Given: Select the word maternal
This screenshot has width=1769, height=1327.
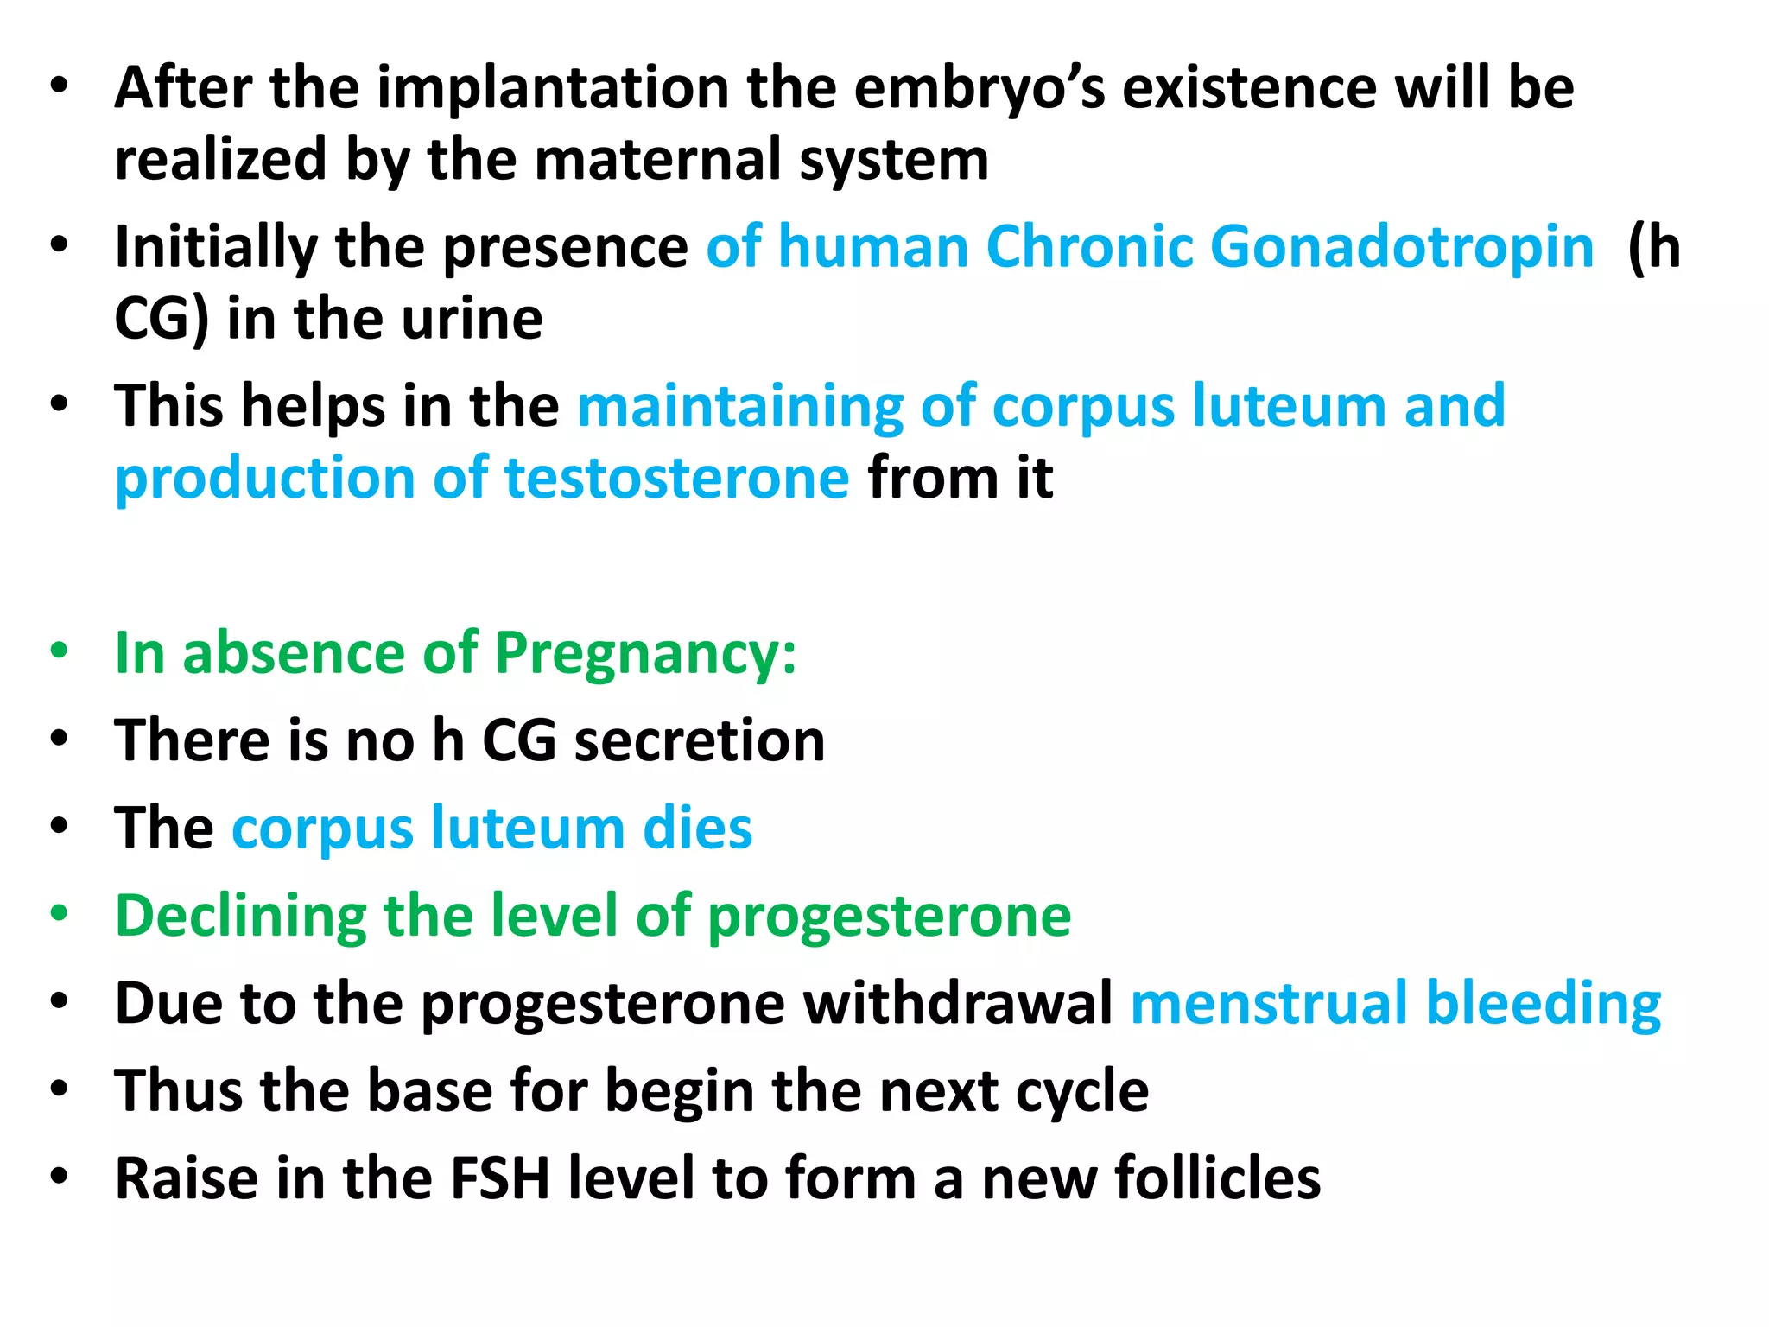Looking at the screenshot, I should coord(658,161).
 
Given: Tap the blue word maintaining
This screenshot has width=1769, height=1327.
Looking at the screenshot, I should coord(739,406).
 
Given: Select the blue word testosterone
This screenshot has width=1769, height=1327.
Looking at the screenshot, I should coord(676,479).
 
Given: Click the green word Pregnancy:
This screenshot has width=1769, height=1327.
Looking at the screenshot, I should coord(645,653).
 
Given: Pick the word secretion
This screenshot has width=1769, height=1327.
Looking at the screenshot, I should coord(699,741).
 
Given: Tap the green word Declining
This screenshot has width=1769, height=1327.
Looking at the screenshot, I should coord(240,917).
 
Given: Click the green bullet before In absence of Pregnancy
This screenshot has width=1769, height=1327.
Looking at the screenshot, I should coord(59,651).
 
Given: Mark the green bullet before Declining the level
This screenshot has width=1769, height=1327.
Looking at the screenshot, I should coord(59,914).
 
